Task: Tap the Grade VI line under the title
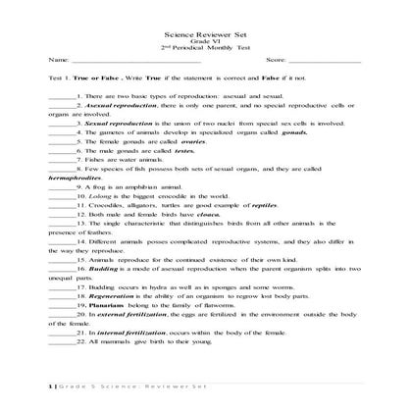tap(205, 42)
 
